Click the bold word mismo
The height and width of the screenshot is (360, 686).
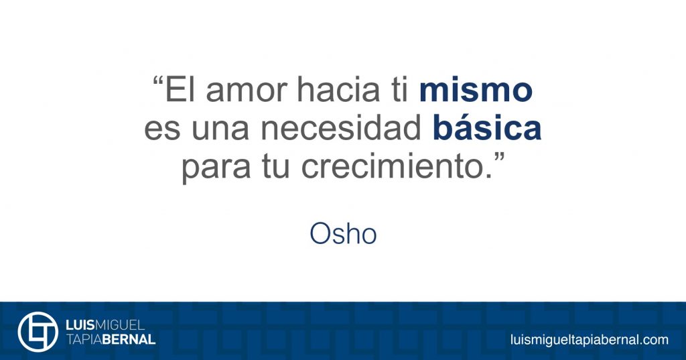coord(476,90)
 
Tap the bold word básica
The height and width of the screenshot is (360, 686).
coord(487,127)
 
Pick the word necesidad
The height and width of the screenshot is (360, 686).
coord(341,127)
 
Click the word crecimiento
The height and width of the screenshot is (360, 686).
coord(393,166)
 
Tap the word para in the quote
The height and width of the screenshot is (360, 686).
coord(216,169)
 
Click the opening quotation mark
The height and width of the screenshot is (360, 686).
coord(158,82)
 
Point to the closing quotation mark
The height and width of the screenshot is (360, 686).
coord(499,158)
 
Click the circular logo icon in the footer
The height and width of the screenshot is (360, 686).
coord(38,332)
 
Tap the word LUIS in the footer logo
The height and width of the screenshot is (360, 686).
coord(80,325)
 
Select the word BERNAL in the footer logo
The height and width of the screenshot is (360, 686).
coord(129,339)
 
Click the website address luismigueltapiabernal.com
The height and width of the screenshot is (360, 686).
coord(590,340)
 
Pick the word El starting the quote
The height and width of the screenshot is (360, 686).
coord(180,89)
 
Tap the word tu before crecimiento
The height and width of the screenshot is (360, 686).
coord(276,168)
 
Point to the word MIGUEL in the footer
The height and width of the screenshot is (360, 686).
coord(120,325)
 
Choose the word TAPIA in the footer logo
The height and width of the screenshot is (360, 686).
coord(84,339)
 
